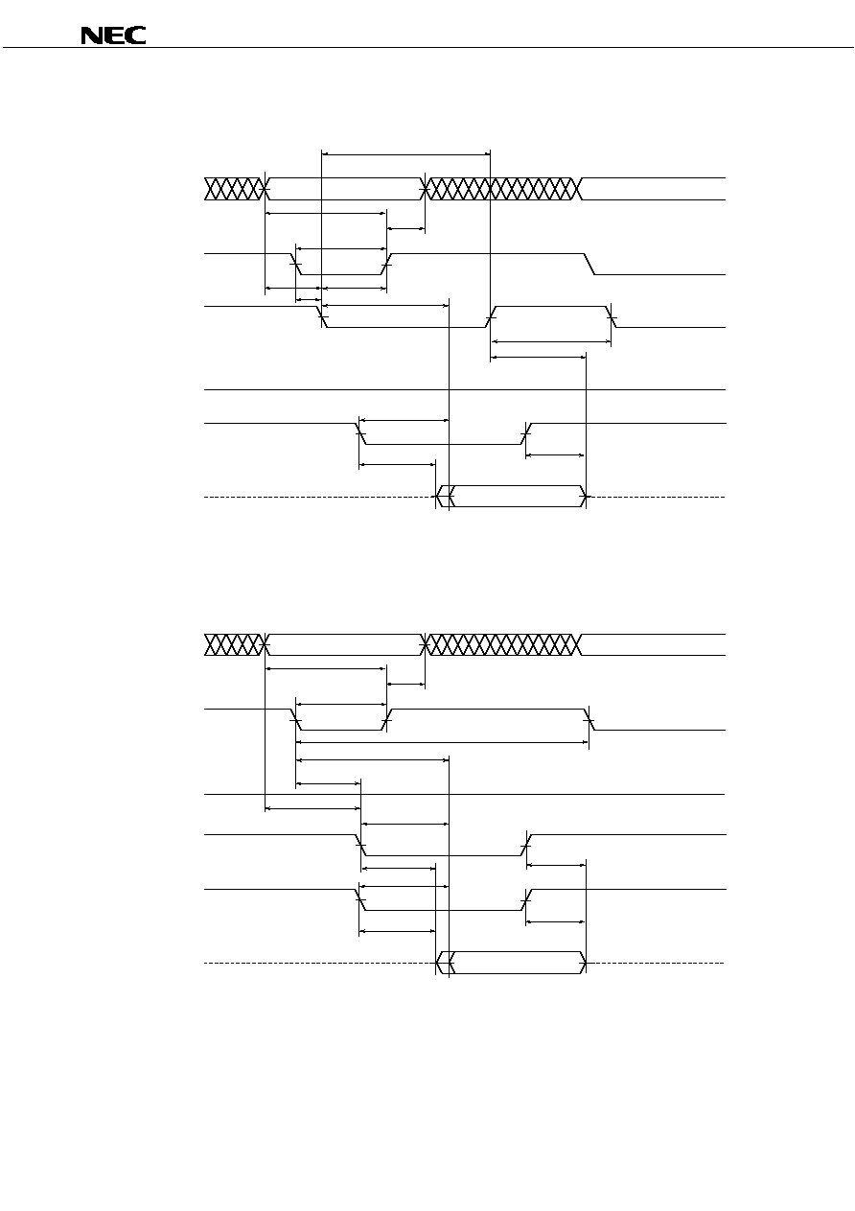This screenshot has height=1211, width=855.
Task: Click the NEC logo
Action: click(113, 35)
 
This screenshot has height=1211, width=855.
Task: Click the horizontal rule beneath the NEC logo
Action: click(428, 48)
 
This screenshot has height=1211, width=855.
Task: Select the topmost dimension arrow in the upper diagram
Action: click(405, 154)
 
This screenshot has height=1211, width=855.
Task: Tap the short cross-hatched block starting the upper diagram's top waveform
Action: click(234, 189)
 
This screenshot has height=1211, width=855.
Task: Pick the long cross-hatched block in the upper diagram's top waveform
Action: click(503, 189)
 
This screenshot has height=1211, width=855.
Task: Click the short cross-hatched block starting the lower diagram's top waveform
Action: click(234, 644)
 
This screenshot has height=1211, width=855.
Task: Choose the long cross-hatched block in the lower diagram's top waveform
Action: click(503, 644)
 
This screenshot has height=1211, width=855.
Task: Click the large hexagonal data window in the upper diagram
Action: click(518, 497)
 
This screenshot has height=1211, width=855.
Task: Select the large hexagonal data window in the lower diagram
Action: click(518, 963)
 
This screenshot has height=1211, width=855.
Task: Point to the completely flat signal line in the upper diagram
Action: click(465, 389)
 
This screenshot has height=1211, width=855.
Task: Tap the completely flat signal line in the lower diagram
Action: click(465, 794)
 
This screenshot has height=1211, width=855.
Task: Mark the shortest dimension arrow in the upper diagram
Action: click(309, 299)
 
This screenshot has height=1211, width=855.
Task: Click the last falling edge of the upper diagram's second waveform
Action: click(589, 264)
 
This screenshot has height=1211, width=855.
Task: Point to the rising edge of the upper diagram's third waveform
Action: click(491, 316)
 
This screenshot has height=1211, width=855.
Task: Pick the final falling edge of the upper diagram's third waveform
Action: click(612, 316)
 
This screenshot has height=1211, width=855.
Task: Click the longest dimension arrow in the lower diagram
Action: click(443, 742)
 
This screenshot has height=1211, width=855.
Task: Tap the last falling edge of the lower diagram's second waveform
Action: click(589, 719)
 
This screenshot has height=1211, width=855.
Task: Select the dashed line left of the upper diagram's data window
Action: click(320, 497)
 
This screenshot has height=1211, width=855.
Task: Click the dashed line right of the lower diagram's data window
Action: click(656, 963)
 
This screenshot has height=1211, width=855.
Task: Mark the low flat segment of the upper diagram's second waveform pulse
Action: click(341, 274)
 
